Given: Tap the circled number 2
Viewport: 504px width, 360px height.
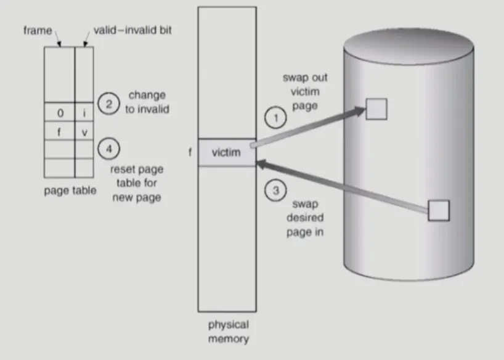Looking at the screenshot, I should click(x=108, y=104).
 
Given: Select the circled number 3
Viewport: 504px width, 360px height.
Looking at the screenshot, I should click(x=275, y=190).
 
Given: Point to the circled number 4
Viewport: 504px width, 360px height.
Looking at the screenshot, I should click(x=108, y=148).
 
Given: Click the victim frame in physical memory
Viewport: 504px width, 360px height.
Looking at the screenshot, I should click(x=226, y=152).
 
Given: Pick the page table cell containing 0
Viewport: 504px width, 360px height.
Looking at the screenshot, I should click(x=59, y=113).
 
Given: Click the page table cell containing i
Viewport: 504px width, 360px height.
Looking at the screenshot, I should click(x=84, y=113).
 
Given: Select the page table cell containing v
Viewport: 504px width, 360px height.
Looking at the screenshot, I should click(x=84, y=131).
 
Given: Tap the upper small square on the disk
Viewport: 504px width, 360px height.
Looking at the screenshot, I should click(x=376, y=108).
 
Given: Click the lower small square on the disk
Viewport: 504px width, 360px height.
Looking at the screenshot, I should click(x=438, y=210).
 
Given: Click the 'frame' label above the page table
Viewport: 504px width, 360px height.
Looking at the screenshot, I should click(x=38, y=30).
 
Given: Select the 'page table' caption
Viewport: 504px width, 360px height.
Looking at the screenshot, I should click(x=70, y=190).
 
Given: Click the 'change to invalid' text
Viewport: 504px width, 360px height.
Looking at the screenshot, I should click(x=147, y=102).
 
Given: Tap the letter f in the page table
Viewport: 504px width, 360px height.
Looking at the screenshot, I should click(x=59, y=131).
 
